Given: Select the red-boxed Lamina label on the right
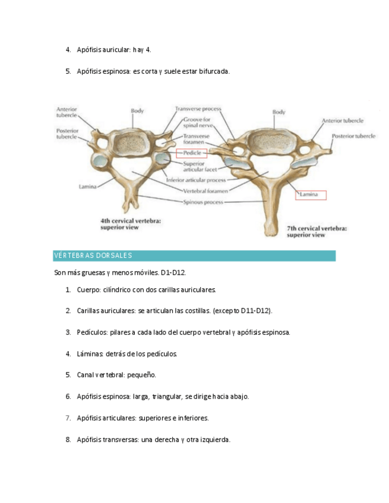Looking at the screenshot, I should coord(309,194).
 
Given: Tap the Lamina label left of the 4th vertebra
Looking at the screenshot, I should coord(88,186).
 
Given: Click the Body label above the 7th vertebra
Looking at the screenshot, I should coord(279,112).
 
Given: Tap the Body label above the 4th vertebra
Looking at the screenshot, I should coord(137,110).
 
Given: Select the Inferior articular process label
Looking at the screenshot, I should coord(195,180).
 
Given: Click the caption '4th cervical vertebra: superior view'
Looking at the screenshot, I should coord(130,222).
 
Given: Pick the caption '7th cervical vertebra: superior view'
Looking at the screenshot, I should coord(317,231).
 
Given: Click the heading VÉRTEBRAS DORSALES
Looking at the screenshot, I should coord(93,256).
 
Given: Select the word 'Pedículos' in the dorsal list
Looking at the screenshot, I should coord(92,332).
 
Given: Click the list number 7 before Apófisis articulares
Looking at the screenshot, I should coord(68,418).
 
